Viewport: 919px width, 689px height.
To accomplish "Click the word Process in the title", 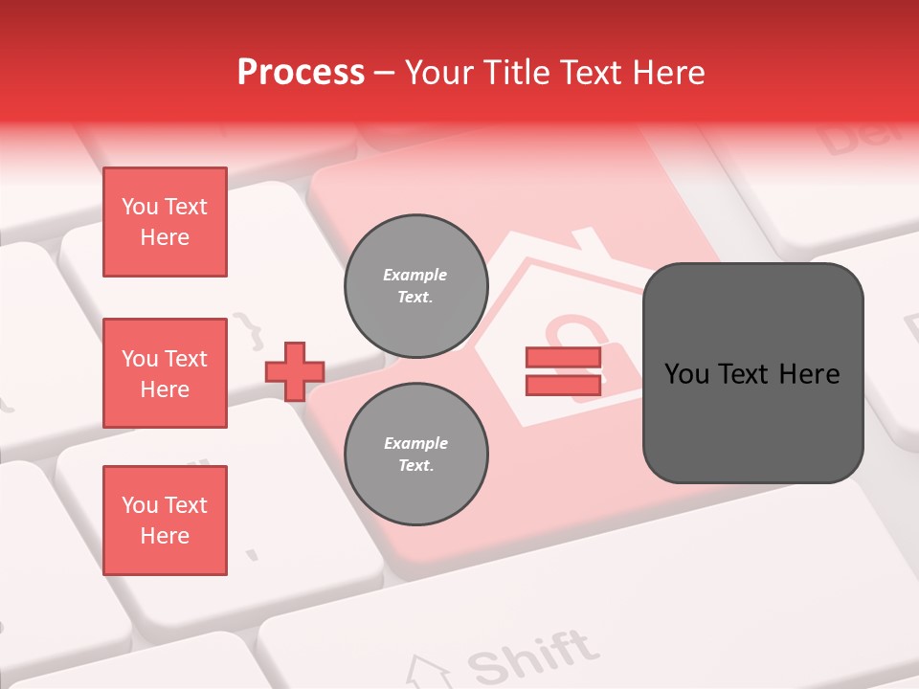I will (x=301, y=73).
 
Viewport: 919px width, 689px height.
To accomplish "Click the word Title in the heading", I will (x=514, y=73).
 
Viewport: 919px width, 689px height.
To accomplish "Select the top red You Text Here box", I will (x=165, y=222).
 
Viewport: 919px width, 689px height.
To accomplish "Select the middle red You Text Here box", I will (x=165, y=373).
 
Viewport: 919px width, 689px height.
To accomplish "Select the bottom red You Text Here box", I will (x=165, y=521).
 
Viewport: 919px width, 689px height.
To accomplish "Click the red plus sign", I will (x=295, y=371).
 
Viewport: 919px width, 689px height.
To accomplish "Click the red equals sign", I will (x=563, y=371).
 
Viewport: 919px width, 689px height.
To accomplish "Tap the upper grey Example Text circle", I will (x=416, y=286).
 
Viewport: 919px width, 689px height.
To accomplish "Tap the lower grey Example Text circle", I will (x=416, y=455).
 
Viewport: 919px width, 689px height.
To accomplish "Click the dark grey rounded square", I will (x=752, y=373).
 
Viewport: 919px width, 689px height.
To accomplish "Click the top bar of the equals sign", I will (x=563, y=358).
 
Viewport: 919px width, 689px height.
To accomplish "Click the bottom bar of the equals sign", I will (x=563, y=385).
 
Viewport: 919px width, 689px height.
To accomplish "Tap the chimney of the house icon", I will (x=590, y=239).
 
